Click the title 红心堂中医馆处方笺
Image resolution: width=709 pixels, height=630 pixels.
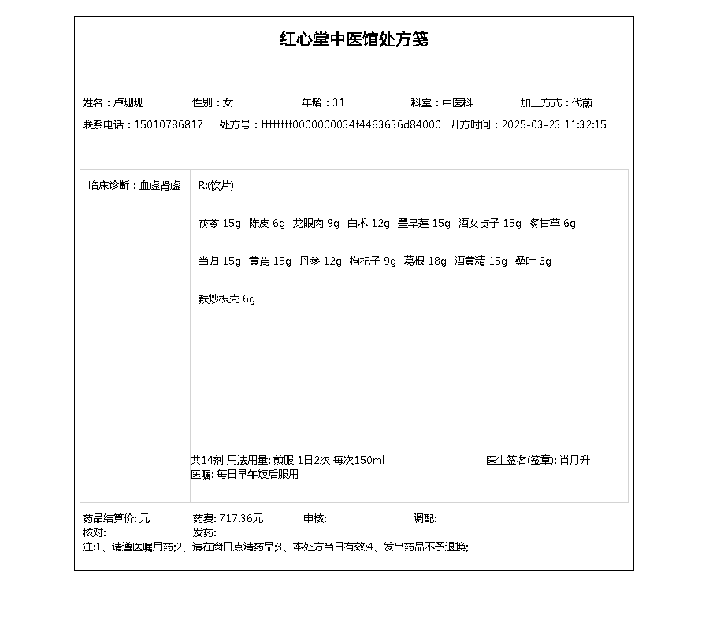[354, 39]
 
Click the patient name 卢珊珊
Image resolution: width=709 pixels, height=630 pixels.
[128, 102]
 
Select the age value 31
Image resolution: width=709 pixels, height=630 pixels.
[339, 102]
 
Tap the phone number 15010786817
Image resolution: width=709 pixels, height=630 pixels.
[169, 124]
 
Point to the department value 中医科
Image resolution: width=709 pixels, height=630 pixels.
[457, 102]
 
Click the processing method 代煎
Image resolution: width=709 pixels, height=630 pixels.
[582, 102]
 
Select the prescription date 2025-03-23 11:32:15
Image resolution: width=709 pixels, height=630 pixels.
[554, 124]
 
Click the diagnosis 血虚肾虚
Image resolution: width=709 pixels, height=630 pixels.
[160, 186]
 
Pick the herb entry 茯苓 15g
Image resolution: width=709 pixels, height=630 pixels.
[220, 224]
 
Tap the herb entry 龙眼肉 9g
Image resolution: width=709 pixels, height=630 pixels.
[316, 224]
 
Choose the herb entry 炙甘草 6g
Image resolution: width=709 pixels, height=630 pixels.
[552, 224]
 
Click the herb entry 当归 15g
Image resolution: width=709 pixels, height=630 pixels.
[220, 261]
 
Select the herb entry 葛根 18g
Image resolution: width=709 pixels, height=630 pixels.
[425, 261]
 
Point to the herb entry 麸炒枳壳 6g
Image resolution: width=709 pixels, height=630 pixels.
[227, 299]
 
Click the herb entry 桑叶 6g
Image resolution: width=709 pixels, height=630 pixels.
[533, 261]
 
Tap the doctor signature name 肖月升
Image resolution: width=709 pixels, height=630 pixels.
[574, 461]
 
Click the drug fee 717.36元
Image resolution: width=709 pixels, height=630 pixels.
[241, 519]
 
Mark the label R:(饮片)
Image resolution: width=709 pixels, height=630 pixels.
[216, 186]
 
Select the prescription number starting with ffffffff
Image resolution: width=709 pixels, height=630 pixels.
[351, 124]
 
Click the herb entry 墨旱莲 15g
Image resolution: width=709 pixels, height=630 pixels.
[424, 224]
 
